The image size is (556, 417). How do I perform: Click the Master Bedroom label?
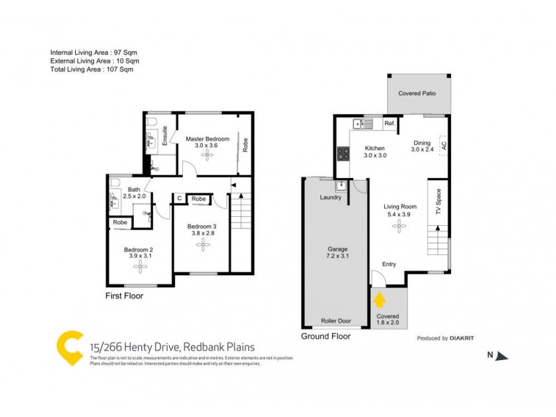point(206,139)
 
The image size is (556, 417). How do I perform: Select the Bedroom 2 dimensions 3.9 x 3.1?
point(139,256)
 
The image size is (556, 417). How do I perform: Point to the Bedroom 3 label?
point(202,226)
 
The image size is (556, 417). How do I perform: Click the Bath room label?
point(134,189)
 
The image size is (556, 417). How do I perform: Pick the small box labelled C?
point(179,199)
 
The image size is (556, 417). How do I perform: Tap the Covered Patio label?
point(417,93)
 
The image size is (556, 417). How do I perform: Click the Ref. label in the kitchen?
point(390,124)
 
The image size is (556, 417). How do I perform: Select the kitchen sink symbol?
point(363,124)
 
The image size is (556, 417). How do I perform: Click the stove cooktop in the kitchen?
point(343,154)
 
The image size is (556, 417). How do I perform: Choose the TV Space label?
point(439,201)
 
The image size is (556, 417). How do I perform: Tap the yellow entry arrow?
point(380,300)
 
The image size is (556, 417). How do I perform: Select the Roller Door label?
point(336,321)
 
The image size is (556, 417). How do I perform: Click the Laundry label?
point(330,197)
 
